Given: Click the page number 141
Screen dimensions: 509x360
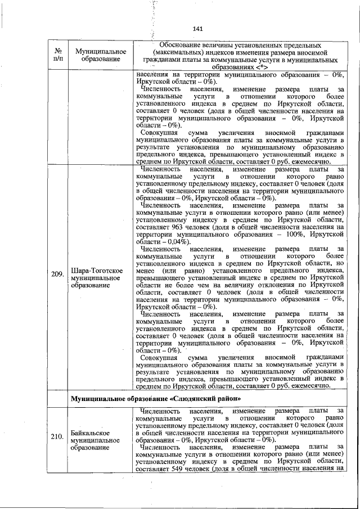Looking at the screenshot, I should (197, 29).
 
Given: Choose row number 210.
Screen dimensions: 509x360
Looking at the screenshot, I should (57, 436).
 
